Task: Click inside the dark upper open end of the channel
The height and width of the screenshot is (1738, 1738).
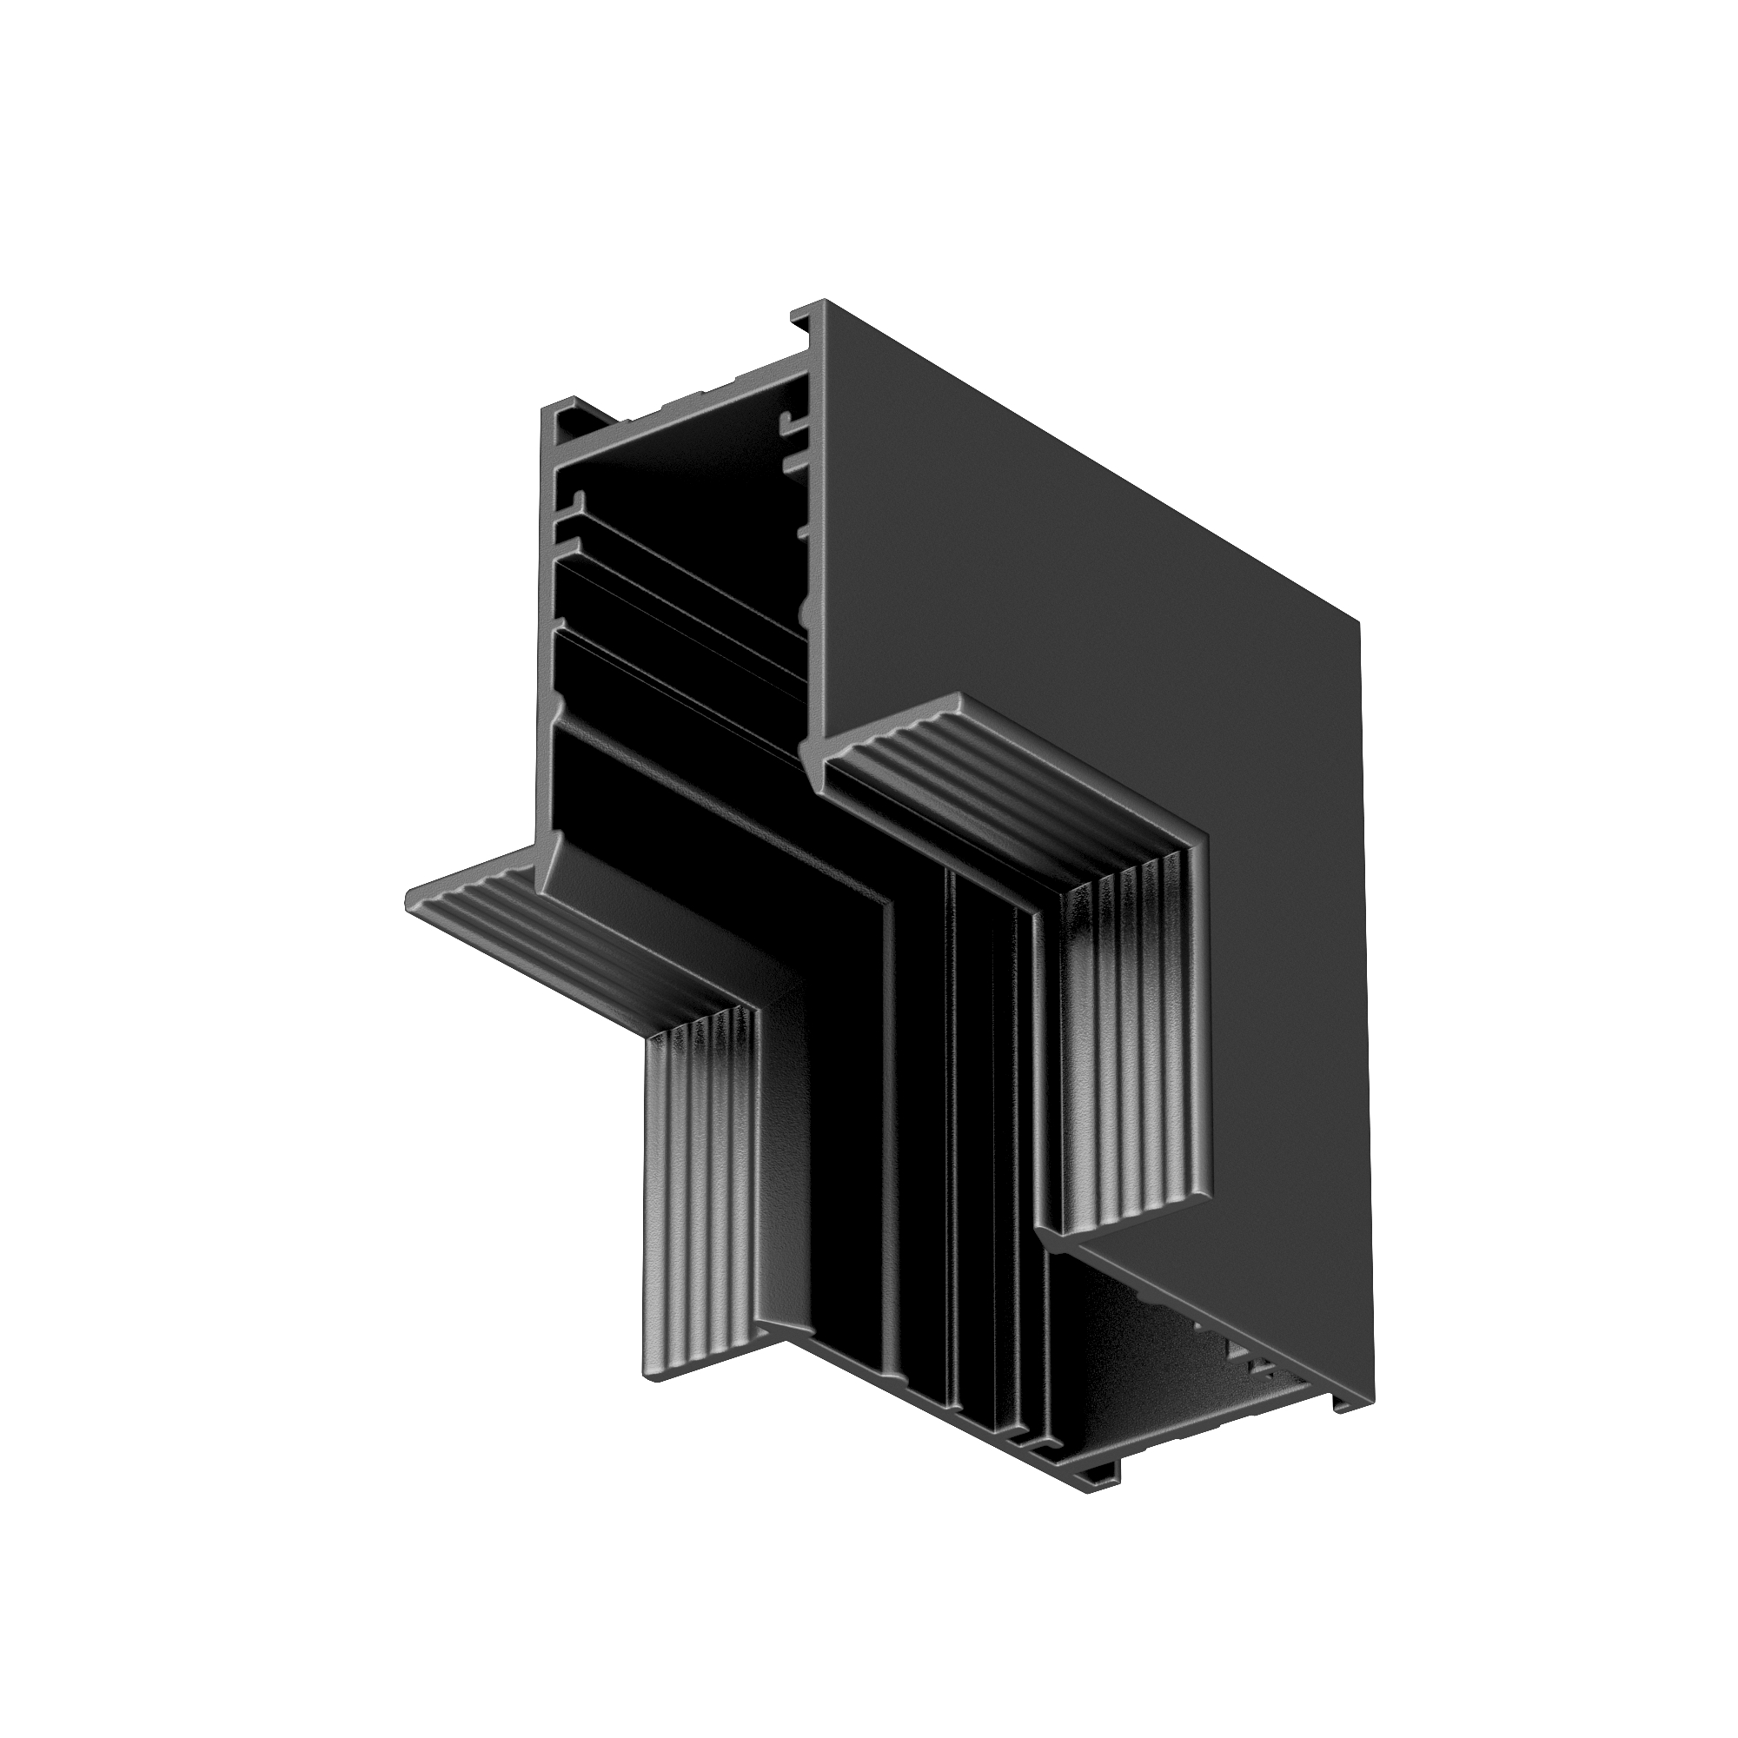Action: point(684,468)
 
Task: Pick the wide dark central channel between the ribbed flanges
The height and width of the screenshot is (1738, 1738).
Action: point(854,1124)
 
